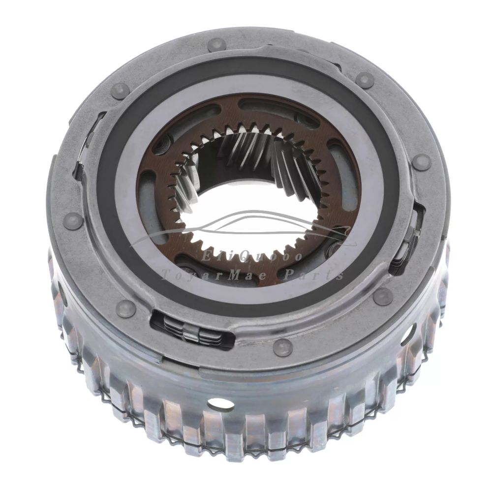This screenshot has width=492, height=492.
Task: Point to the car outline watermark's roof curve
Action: [256, 215]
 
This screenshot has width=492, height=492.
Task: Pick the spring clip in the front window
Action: [193, 329]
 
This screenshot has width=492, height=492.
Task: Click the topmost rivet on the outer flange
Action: [216, 45]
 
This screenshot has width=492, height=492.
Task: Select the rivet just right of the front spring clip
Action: [283, 347]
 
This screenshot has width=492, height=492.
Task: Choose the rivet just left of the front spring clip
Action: [126, 308]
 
